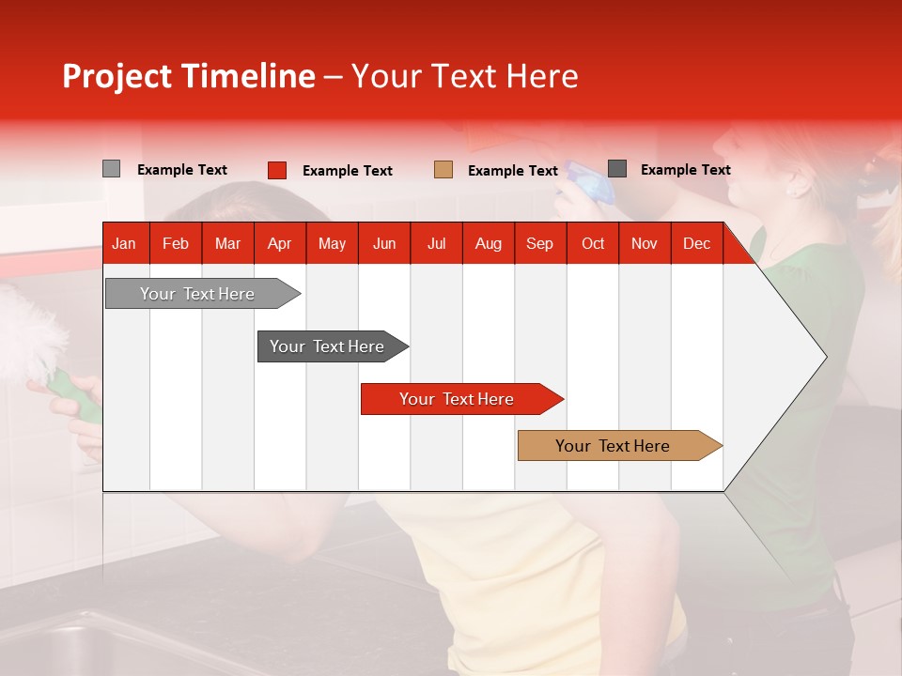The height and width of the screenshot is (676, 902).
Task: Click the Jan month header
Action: tap(124, 244)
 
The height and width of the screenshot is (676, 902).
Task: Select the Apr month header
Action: tap(279, 244)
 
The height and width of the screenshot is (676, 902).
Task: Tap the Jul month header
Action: tap(436, 244)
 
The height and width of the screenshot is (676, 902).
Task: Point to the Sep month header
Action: tap(539, 244)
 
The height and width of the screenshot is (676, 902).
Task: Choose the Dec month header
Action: tap(696, 244)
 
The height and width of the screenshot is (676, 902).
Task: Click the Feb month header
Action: tap(176, 244)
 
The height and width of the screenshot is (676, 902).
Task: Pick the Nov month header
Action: tap(645, 244)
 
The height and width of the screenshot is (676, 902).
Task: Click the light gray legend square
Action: tap(111, 169)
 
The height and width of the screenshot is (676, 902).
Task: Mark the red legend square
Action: tap(277, 170)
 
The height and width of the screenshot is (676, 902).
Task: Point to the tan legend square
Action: tap(443, 170)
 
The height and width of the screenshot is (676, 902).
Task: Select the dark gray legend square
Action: tap(617, 169)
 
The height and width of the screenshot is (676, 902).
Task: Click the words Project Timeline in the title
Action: tap(188, 76)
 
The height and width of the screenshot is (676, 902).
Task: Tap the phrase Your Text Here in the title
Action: tap(464, 76)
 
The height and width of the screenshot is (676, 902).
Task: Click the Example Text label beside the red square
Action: tap(348, 171)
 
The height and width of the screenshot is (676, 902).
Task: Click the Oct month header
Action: tap(593, 244)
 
